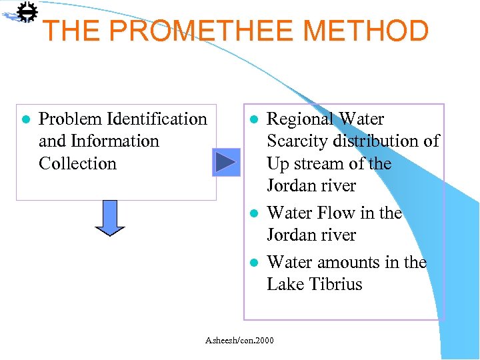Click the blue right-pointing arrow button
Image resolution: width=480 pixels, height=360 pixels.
[226, 162]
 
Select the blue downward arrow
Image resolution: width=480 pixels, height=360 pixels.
[110, 218]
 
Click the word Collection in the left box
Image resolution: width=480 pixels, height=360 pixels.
[77, 163]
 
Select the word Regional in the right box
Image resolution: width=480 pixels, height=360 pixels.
[300, 119]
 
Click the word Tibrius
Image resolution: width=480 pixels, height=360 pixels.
[331, 285]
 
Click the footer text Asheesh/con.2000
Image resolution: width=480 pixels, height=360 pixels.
[239, 341]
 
